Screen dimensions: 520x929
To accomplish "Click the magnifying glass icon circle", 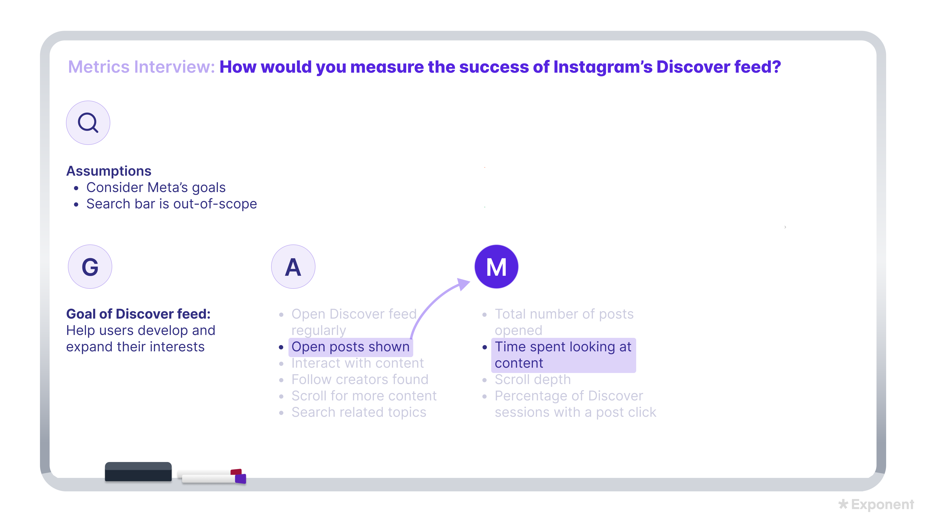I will [x=88, y=123].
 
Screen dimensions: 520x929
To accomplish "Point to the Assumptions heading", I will [x=109, y=171].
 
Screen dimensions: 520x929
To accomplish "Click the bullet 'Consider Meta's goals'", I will [x=156, y=187].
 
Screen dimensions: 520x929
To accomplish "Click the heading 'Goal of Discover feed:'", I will [x=138, y=314].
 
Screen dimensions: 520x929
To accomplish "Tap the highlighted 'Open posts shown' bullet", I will [x=350, y=347].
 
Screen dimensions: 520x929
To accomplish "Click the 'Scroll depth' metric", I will [x=532, y=379].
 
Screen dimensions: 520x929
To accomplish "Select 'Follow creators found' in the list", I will [x=360, y=379].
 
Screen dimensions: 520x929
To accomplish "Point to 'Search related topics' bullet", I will [x=359, y=412].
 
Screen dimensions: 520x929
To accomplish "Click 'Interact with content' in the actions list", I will [x=357, y=363].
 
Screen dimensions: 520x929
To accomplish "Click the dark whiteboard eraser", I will [x=138, y=472].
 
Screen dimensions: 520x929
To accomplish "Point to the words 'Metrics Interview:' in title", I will [x=141, y=67].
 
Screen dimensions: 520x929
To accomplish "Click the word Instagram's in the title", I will [x=602, y=67].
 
